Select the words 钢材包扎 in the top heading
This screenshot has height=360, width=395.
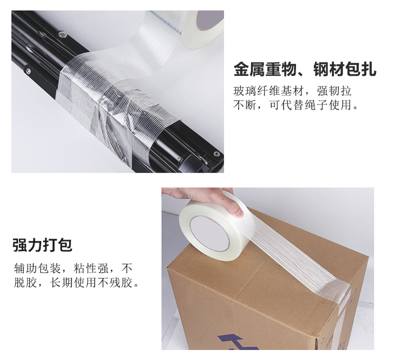[x=344, y=70]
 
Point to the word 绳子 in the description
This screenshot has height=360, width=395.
[x=317, y=105]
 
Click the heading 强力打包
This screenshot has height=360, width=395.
[x=42, y=245]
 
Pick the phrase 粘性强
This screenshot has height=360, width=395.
[x=92, y=267]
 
